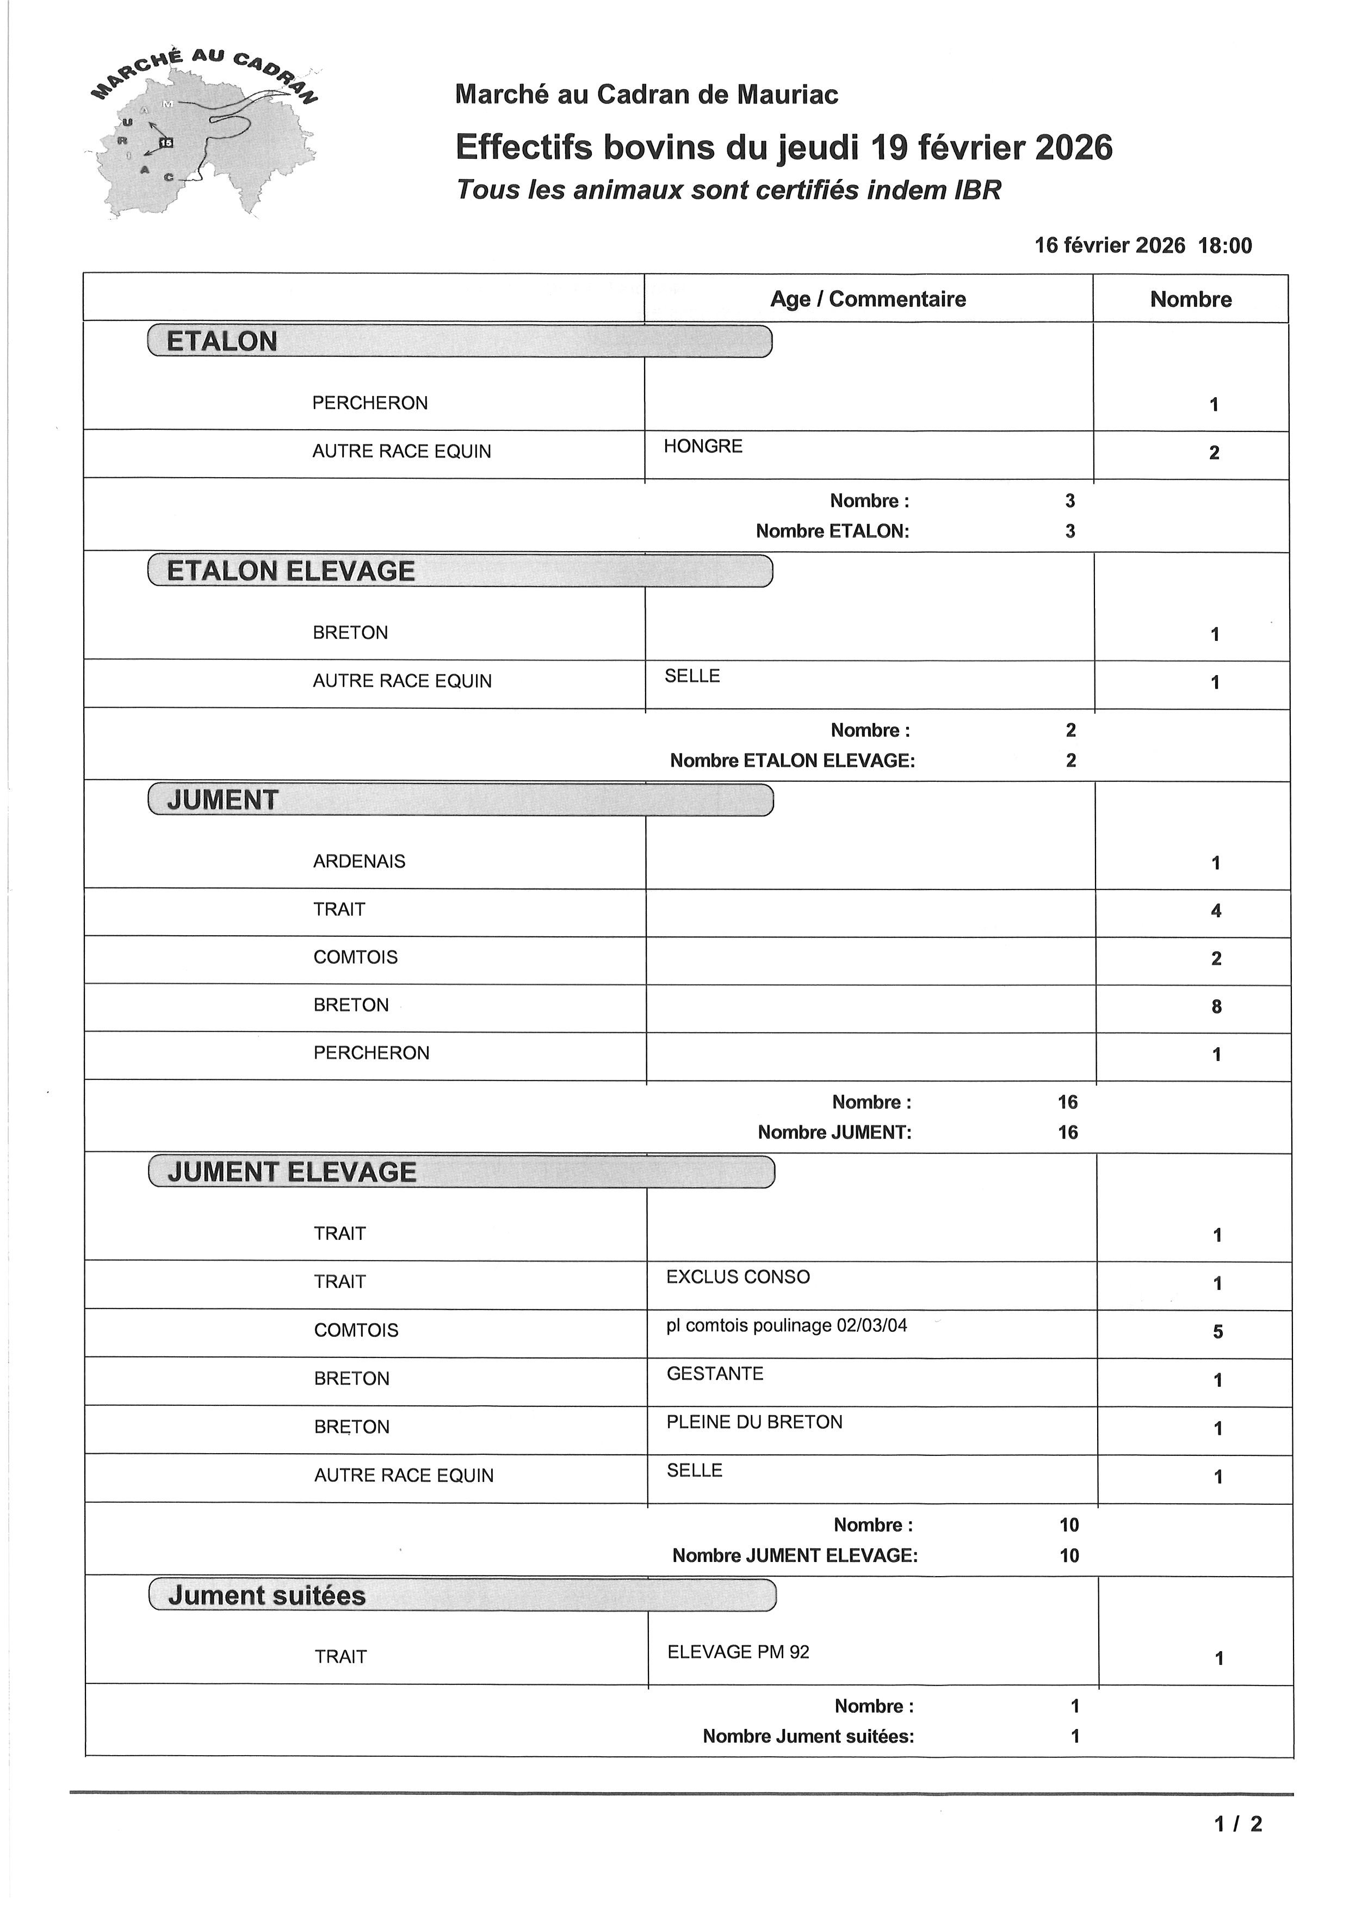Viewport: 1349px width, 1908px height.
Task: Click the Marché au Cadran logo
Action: pyautogui.click(x=203, y=133)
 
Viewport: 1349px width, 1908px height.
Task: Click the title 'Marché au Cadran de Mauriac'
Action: pyautogui.click(x=646, y=95)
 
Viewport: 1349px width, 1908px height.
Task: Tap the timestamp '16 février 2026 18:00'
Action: pyautogui.click(x=1142, y=245)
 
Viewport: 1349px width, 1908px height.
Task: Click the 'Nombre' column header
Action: pyautogui.click(x=1190, y=299)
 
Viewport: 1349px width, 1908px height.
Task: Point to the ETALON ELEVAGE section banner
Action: pyautogui.click(x=459, y=571)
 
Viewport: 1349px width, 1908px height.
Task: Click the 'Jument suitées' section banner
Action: pyautogui.click(x=462, y=1596)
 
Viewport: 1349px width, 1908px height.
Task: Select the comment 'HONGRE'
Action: pyautogui.click(x=703, y=446)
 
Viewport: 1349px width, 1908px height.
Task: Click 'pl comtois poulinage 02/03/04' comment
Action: pyautogui.click(x=786, y=1325)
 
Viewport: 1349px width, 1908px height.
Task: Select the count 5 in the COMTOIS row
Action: pyautogui.click(x=1217, y=1332)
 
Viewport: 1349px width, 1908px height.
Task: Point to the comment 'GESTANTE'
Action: pyautogui.click(x=714, y=1374)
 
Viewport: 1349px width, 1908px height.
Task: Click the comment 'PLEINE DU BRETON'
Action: pyautogui.click(x=754, y=1422)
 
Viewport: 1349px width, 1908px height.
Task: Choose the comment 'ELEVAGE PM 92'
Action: pyautogui.click(x=738, y=1652)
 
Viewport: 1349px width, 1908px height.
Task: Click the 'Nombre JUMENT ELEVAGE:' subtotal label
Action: pyautogui.click(x=794, y=1555)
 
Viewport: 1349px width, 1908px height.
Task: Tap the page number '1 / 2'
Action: pyautogui.click(x=1237, y=1824)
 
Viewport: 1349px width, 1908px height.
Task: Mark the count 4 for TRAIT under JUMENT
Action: pyautogui.click(x=1215, y=911)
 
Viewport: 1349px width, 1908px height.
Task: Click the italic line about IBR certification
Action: pyautogui.click(x=728, y=190)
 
